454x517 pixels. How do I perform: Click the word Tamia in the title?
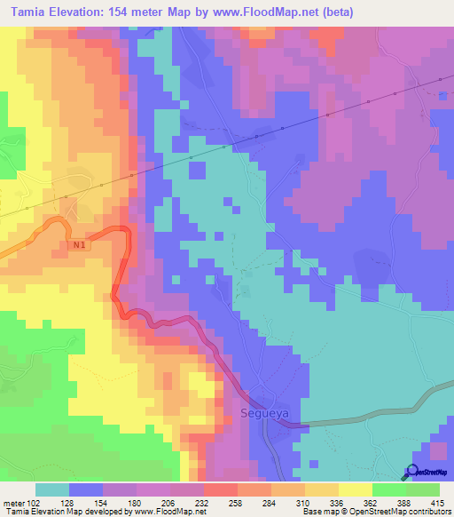pos(25,12)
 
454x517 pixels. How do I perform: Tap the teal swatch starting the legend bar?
pos(51,489)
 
